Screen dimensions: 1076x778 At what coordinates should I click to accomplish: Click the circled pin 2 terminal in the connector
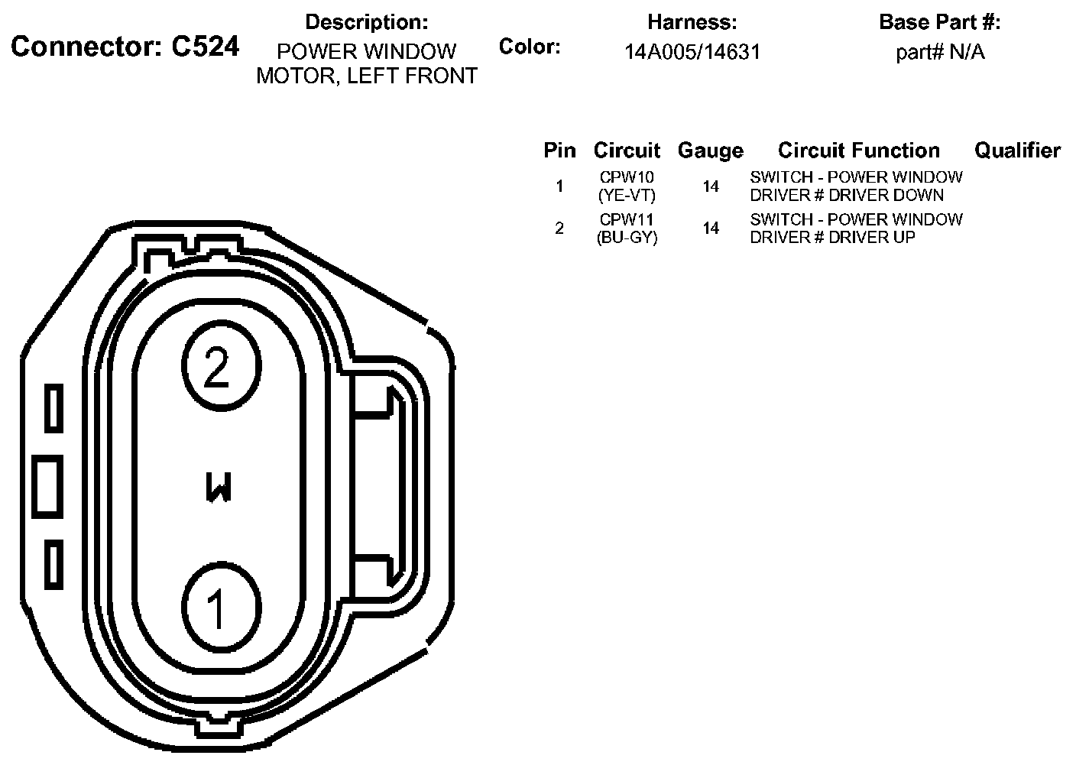click(x=222, y=366)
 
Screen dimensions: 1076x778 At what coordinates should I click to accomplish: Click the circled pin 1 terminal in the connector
click(x=222, y=607)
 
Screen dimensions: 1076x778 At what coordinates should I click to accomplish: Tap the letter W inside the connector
click(x=219, y=487)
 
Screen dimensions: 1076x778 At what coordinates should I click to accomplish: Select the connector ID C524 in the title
click(x=205, y=47)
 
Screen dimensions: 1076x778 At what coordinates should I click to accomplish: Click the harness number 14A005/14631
click(x=692, y=52)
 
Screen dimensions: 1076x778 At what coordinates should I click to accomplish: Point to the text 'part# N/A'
click(x=940, y=52)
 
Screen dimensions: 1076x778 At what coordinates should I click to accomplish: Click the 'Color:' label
click(x=530, y=47)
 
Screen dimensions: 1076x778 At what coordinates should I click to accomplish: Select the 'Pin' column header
click(x=559, y=151)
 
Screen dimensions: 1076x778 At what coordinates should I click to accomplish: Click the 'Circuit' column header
click(x=627, y=151)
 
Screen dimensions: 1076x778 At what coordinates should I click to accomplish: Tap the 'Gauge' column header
click(x=711, y=151)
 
